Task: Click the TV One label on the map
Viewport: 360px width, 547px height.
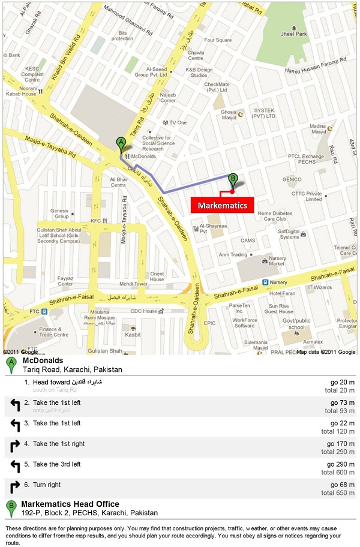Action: tap(178, 122)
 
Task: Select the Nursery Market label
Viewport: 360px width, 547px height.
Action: tap(277, 261)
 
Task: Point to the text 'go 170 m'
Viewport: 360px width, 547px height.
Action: tap(341, 444)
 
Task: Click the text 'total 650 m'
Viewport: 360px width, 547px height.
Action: tap(338, 492)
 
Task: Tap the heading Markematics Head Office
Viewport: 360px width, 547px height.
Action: tap(70, 504)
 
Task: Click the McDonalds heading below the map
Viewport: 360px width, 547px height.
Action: tap(43, 360)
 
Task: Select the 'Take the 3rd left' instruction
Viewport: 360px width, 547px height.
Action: tap(56, 464)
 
